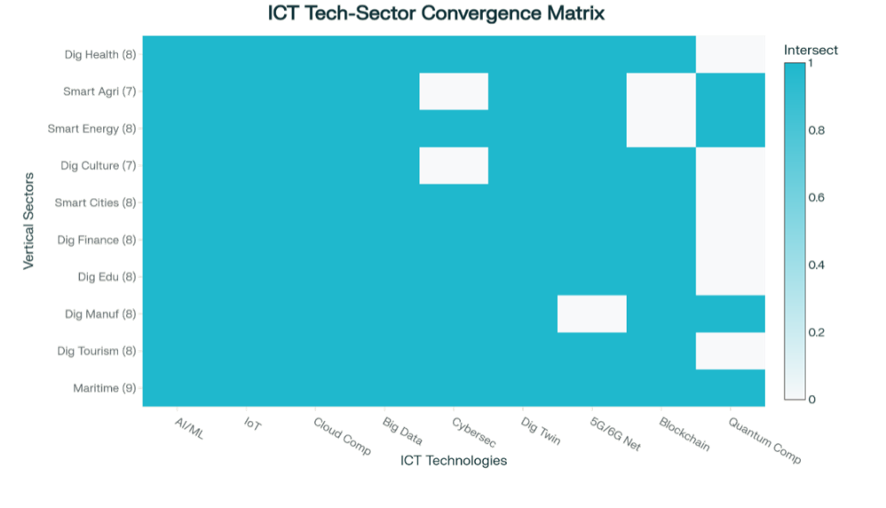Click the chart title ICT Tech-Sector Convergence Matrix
click(x=436, y=13)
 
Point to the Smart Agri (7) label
click(x=99, y=91)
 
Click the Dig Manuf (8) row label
click(x=99, y=314)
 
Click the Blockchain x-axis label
click(x=684, y=434)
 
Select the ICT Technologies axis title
click(x=454, y=460)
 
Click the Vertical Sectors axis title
click(x=28, y=221)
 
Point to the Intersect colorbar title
click(x=811, y=51)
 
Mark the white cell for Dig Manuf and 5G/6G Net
click(x=591, y=314)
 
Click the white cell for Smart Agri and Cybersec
click(x=453, y=91)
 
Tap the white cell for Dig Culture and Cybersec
click(x=453, y=165)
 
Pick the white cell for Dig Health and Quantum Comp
click(x=730, y=54)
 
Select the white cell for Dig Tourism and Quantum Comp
click(x=730, y=350)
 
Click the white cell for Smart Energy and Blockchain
click(x=661, y=129)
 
